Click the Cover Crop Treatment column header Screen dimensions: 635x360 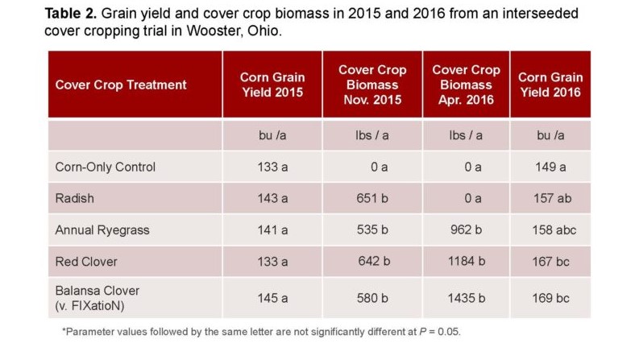pos(121,85)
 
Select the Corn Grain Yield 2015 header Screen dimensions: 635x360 pos(272,85)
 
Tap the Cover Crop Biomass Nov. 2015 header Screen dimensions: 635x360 pos(372,85)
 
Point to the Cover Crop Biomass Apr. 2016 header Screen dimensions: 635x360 pos(466,85)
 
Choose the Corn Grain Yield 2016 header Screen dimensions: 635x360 pos(550,85)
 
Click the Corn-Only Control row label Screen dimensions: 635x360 pos(106,167)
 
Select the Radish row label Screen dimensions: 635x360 pos(74,198)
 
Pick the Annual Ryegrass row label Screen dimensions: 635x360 pos(102,230)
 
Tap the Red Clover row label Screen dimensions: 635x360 pos(86,262)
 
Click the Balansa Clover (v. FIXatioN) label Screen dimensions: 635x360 pos(98,298)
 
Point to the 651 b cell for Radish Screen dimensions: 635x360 pos(372,198)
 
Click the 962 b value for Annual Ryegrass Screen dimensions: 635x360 pos(466,230)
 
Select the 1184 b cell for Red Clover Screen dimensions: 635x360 pos(466,261)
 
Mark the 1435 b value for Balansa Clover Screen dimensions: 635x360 pos(466,299)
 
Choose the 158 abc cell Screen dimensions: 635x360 pos(554,230)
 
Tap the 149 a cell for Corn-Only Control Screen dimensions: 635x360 pos(550,167)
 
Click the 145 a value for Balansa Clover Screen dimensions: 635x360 pos(272,299)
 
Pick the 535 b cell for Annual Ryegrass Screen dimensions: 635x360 pos(372,230)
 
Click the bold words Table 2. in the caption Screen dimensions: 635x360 pos(70,14)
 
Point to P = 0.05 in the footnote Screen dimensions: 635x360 pos(439,332)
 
